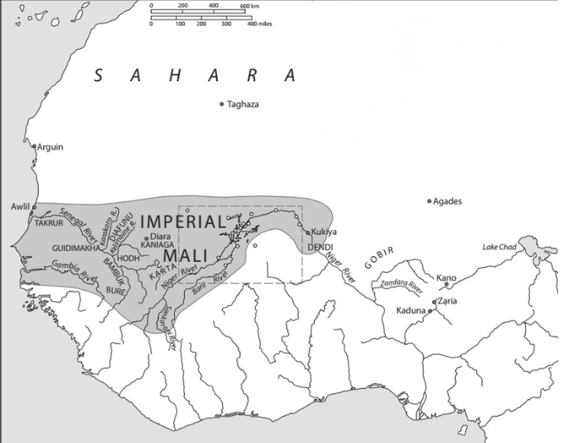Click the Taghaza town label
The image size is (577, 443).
click(243, 104)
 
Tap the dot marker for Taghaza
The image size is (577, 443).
click(222, 104)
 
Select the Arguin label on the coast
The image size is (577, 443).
click(50, 147)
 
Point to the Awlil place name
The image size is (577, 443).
click(19, 207)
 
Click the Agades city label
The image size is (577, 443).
click(448, 201)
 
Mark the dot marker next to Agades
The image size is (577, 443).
click(430, 202)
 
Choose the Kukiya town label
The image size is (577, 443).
click(324, 232)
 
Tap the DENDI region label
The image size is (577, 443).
click(320, 247)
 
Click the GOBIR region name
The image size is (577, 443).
click(379, 257)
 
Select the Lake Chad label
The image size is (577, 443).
click(499, 248)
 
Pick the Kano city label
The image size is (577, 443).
click(447, 277)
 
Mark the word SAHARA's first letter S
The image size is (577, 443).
click(99, 76)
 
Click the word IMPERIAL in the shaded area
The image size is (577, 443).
click(183, 221)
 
